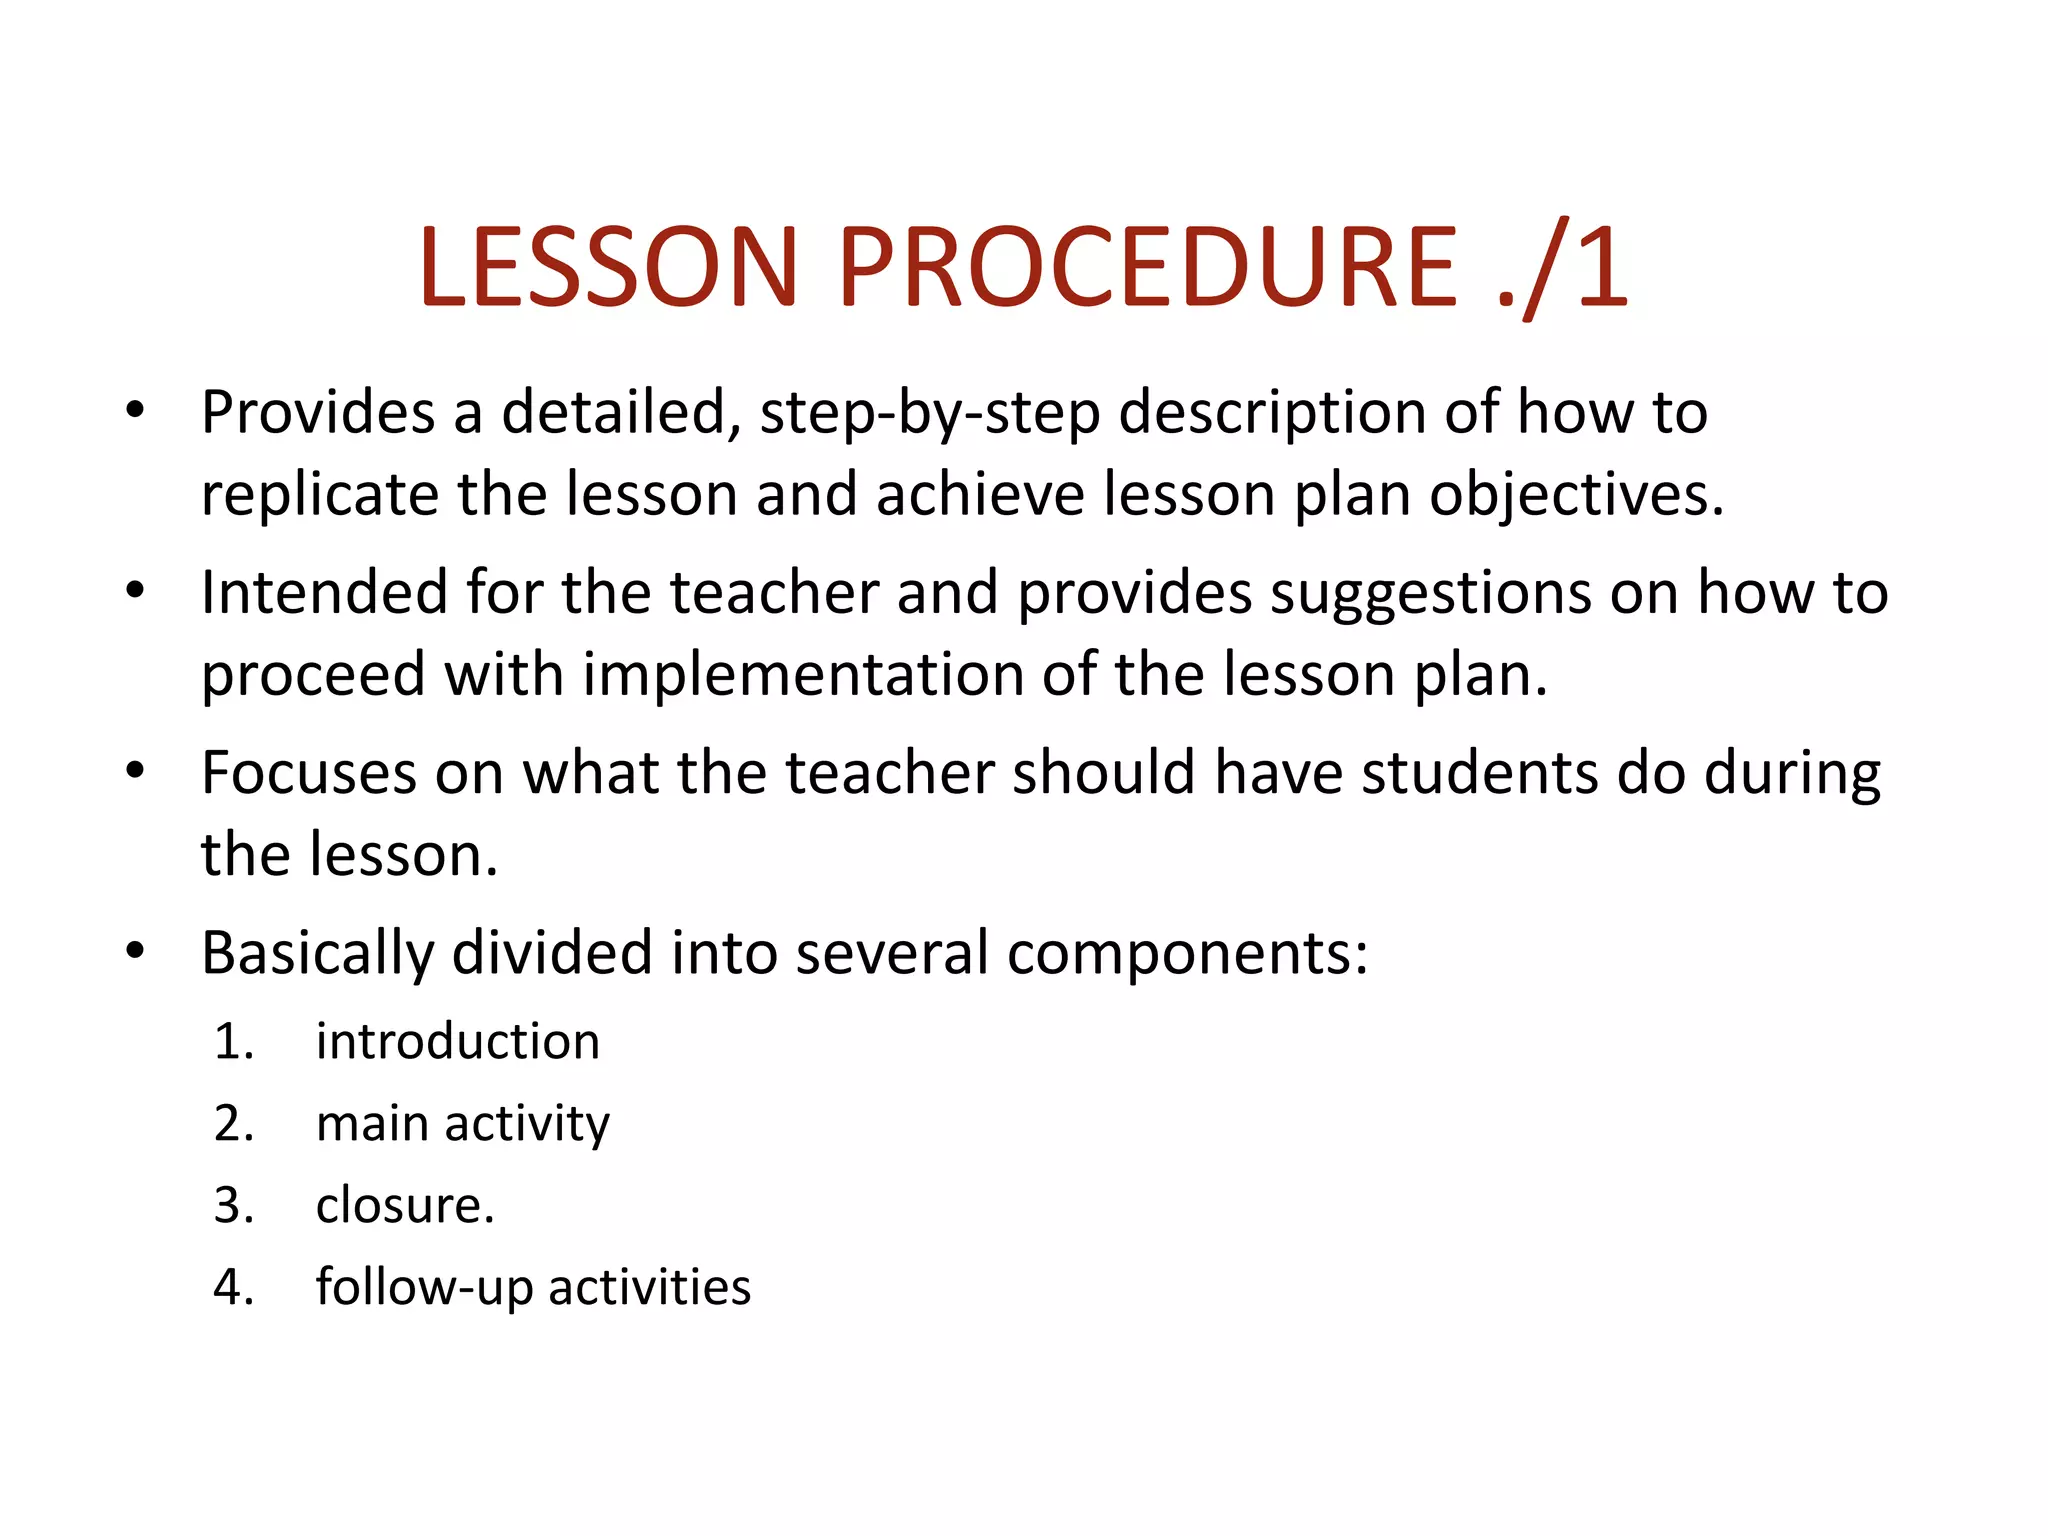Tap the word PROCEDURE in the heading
coord(1147,266)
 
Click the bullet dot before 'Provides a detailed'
coord(136,410)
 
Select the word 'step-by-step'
coord(930,414)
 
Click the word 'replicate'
coord(320,496)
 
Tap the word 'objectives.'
coord(1577,496)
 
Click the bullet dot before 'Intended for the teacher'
coord(136,590)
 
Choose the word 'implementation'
coord(803,675)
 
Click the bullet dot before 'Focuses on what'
coord(136,770)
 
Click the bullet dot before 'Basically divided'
coord(136,950)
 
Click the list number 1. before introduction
coord(234,1042)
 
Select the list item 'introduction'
coord(458,1042)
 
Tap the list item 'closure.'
coord(405,1206)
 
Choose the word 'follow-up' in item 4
coord(424,1288)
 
